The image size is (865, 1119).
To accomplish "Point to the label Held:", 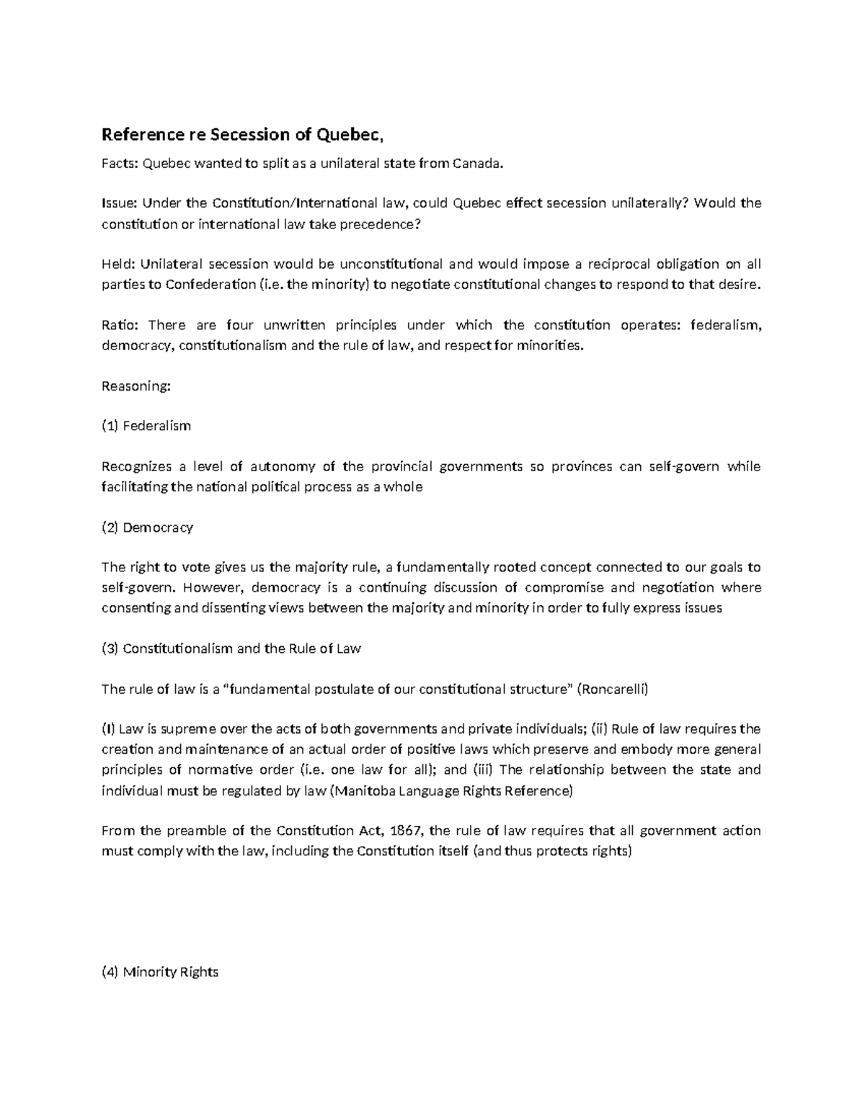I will click(x=117, y=264).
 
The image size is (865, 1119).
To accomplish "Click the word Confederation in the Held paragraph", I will click(x=210, y=284).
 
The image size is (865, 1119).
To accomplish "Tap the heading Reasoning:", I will click(x=136, y=386).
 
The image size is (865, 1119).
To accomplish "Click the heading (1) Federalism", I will click(x=146, y=426).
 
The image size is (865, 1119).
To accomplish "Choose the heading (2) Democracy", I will click(x=148, y=527).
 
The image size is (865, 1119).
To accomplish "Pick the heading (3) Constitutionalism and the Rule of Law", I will click(x=231, y=648).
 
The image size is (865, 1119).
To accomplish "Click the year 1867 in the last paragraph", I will click(x=406, y=831).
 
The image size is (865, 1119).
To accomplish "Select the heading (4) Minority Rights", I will click(x=160, y=972).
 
